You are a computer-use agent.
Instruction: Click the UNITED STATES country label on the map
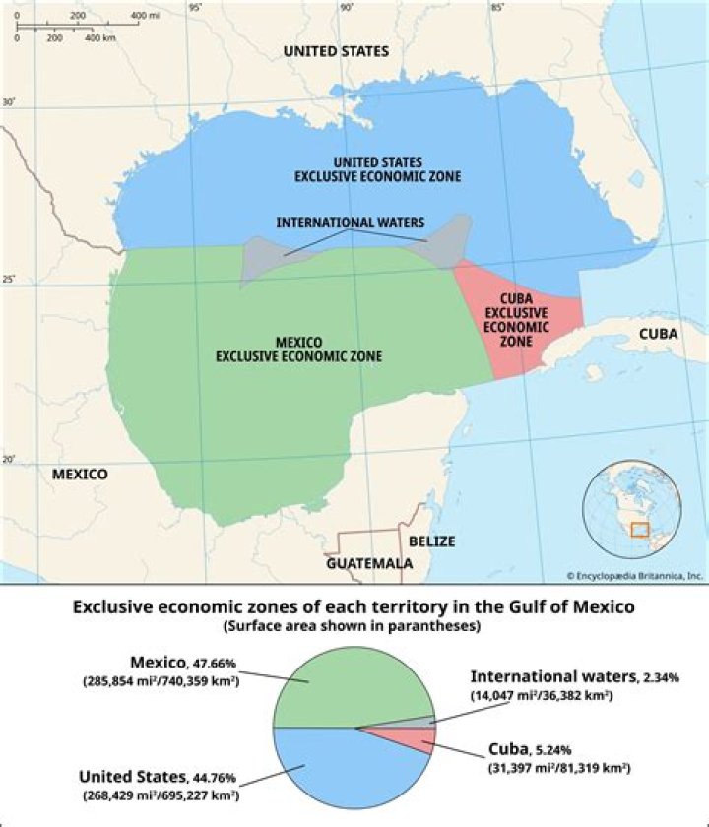(335, 51)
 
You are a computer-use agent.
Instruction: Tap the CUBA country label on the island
(658, 334)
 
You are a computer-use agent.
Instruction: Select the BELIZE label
(432, 541)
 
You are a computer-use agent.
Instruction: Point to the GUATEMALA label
(369, 563)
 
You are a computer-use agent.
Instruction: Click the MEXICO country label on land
(80, 475)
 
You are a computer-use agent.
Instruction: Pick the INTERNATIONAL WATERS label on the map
(351, 223)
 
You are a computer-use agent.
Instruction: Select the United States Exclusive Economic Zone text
(378, 168)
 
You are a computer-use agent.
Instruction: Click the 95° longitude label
(195, 8)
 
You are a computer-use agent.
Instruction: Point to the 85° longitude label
(497, 8)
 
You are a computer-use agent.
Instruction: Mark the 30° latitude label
(10, 102)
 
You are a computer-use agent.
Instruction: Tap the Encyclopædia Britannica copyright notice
(634, 575)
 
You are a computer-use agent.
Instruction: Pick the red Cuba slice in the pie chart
(418, 739)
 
